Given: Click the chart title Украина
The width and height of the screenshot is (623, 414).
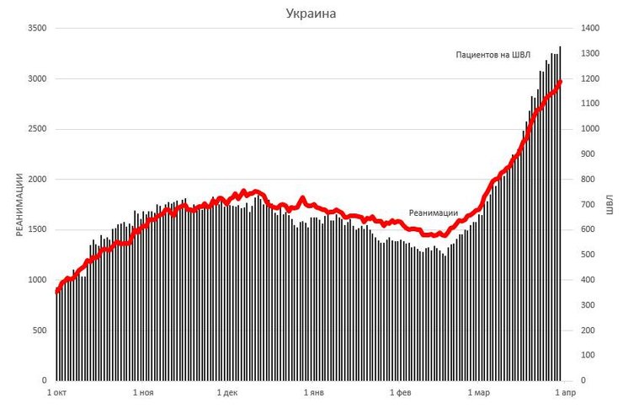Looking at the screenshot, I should pos(311,13).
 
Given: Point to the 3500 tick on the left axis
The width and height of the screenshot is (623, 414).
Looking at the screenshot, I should pos(36,29).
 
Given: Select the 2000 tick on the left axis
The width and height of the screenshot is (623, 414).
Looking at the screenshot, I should pos(36,180).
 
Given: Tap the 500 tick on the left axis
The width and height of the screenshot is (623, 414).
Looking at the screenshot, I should pos(39,331).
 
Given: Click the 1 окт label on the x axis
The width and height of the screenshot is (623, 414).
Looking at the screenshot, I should pos(57,393).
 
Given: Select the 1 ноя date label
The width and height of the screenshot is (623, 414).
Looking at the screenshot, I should pos(143,393).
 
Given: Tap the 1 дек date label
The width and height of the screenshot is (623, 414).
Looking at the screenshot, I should pos(227,393).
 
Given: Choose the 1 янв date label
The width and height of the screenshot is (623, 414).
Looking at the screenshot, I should pos(313,393).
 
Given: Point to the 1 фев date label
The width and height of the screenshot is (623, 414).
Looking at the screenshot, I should pos(400,393).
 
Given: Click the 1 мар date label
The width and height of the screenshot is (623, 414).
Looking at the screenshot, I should pos(477,393).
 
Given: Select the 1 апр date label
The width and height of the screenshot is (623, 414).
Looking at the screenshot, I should pos(562,393).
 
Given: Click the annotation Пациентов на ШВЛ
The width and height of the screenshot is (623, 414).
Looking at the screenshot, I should pos(493,55).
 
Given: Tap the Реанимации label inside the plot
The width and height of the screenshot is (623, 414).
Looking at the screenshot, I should pos(433,212).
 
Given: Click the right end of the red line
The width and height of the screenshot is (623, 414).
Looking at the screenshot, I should pos(561,81).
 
